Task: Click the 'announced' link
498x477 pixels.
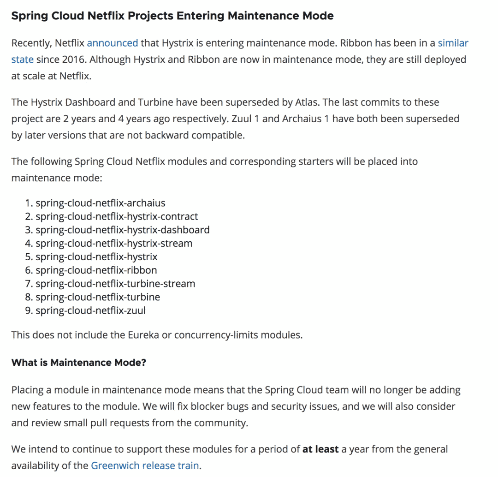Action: click(x=112, y=43)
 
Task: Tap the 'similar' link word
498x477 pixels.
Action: click(x=453, y=43)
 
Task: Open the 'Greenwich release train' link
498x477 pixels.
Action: click(x=145, y=465)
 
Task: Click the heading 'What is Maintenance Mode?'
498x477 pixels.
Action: click(x=78, y=363)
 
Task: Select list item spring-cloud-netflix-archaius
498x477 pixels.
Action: click(x=100, y=203)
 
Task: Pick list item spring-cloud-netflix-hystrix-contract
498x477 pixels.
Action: click(x=117, y=216)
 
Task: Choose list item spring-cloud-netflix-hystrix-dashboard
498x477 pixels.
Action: click(x=122, y=230)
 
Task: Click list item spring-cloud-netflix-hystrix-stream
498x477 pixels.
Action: click(x=114, y=243)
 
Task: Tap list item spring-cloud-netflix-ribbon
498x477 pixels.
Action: click(x=96, y=270)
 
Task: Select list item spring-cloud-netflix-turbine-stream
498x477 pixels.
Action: click(x=115, y=284)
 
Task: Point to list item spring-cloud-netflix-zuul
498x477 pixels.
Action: click(x=90, y=310)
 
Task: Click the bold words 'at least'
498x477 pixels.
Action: click(x=320, y=449)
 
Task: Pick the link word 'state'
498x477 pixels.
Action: click(x=22, y=60)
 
